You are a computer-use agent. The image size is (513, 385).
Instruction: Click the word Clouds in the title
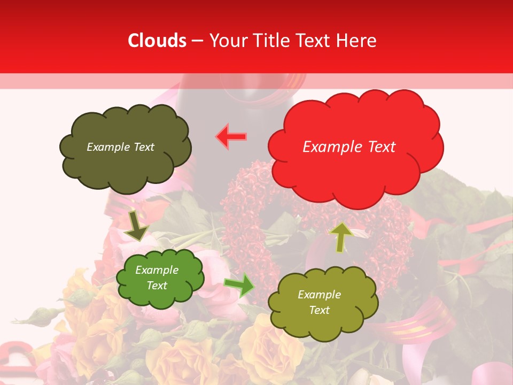click(x=157, y=41)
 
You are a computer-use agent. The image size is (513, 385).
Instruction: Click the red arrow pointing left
click(x=231, y=136)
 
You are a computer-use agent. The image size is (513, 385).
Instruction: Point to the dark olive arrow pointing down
click(x=137, y=226)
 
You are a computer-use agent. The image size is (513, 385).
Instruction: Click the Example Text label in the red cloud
click(x=349, y=147)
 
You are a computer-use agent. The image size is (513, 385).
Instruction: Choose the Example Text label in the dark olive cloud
click(x=120, y=147)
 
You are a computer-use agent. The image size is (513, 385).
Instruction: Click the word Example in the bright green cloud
click(x=157, y=270)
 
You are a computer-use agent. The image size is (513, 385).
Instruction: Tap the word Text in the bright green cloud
click(x=157, y=286)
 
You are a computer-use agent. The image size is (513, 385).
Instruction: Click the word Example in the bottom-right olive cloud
click(x=319, y=295)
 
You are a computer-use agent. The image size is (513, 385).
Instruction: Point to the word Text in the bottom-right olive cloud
click(x=319, y=310)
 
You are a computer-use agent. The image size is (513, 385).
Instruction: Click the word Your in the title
click(x=224, y=41)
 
